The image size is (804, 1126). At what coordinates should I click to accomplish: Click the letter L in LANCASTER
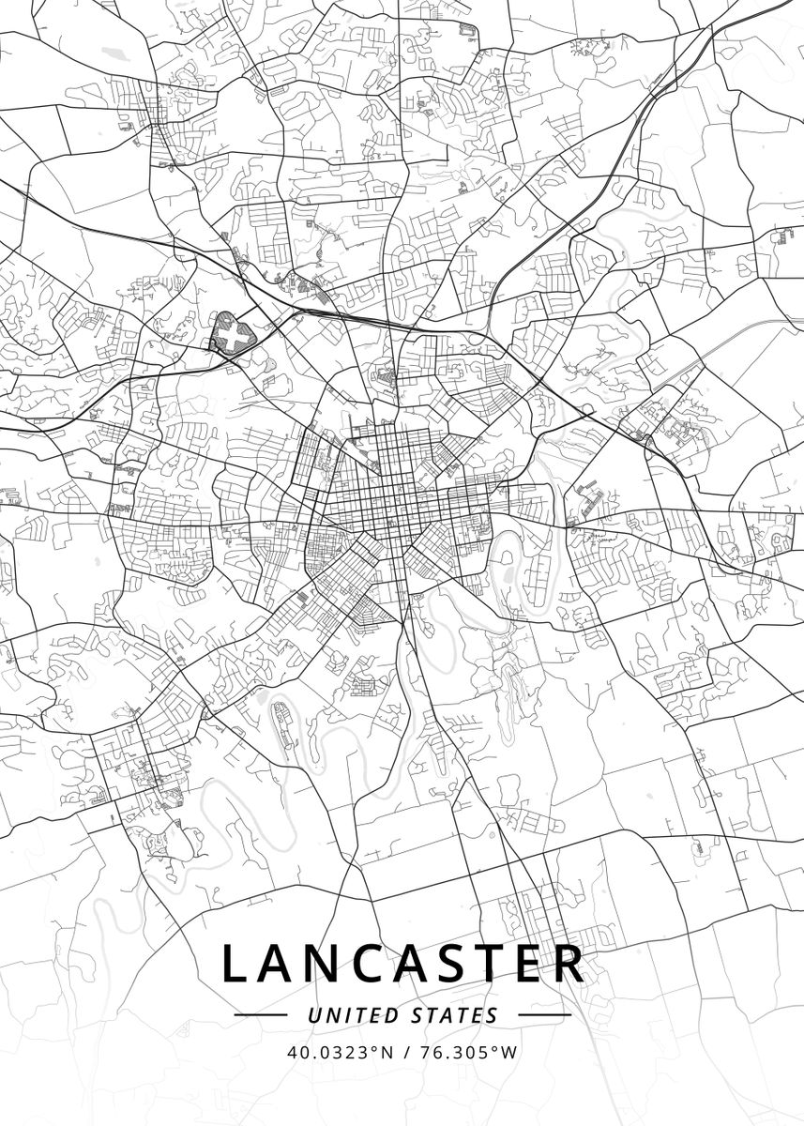235,964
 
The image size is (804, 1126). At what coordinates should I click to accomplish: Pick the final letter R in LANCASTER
569,964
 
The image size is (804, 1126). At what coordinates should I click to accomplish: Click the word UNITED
353,1015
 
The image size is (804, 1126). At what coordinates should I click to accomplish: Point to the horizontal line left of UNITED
260,1015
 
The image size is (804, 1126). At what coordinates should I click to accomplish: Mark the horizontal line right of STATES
544,1015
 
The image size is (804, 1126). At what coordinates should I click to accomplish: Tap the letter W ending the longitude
509,1052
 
